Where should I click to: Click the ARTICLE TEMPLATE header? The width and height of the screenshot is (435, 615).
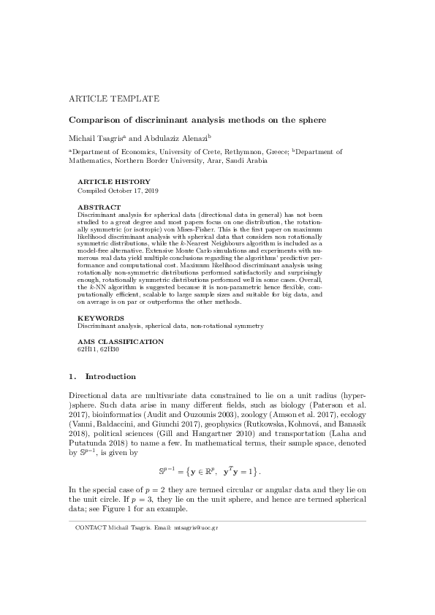114,98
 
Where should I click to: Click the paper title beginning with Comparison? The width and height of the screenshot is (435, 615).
197,119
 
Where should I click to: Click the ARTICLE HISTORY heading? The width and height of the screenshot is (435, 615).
114,182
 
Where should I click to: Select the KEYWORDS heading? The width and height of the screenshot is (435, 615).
100,318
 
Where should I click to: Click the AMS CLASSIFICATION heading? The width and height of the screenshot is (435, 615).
121,342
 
